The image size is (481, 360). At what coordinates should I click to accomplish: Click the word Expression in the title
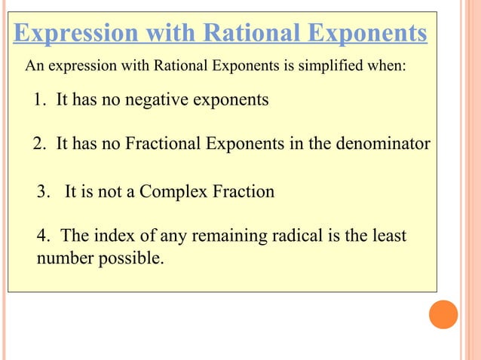click(75, 33)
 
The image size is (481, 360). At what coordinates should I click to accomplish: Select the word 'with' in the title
click(161, 33)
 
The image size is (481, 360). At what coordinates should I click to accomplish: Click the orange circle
click(443, 314)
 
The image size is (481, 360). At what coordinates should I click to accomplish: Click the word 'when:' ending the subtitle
click(388, 66)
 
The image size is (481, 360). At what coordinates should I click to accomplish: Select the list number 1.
click(39, 99)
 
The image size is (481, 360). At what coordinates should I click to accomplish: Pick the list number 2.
click(39, 144)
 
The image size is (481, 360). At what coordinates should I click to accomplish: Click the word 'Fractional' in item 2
click(164, 144)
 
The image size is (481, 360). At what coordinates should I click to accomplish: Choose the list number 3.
click(43, 191)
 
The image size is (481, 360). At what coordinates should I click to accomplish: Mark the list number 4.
click(42, 236)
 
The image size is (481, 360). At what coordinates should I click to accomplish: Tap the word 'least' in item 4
click(389, 236)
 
